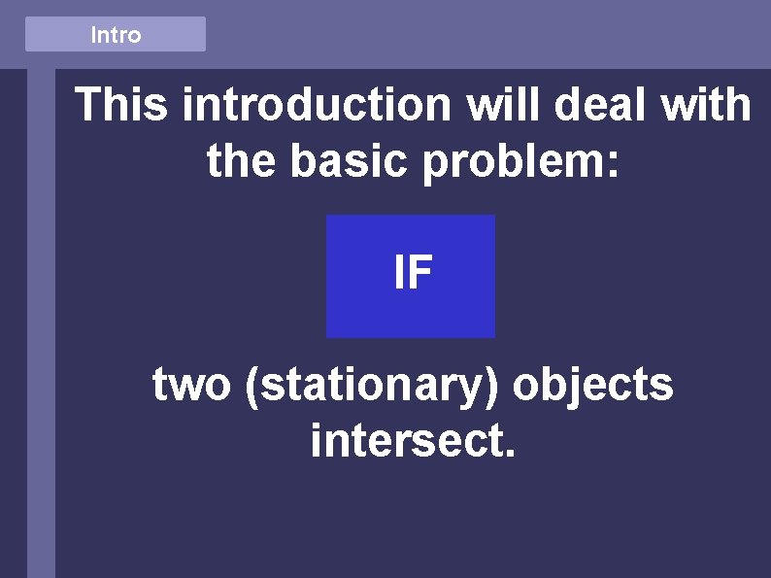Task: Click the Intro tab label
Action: click(x=116, y=35)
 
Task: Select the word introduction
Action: click(x=318, y=105)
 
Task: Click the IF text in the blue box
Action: click(x=412, y=274)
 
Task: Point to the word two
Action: click(x=192, y=386)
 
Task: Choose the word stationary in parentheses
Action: click(x=374, y=386)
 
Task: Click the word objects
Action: click(x=592, y=386)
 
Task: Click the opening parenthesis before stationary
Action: click(x=253, y=387)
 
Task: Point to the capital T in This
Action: click(x=90, y=105)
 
